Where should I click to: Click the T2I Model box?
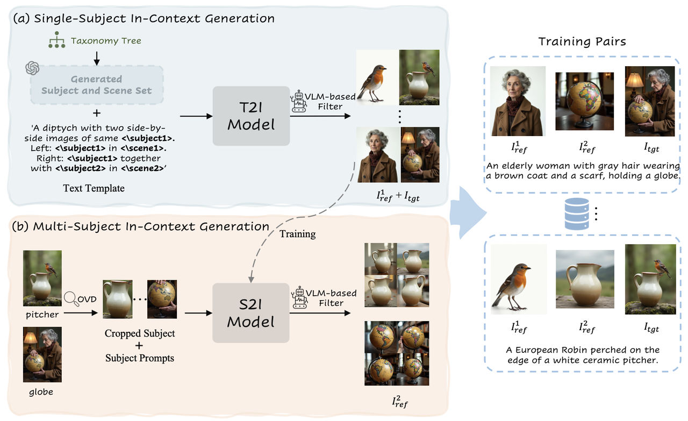[x=251, y=116]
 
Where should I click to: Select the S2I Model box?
[x=251, y=313]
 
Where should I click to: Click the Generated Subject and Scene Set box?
[x=96, y=85]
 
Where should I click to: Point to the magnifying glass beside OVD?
[x=70, y=297]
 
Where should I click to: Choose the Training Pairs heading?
[x=582, y=42]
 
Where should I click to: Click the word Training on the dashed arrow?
[x=297, y=234]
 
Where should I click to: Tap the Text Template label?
[x=94, y=188]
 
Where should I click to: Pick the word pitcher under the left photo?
[x=42, y=314]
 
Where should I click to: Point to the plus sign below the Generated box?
[x=96, y=114]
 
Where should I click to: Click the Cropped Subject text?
[x=140, y=333]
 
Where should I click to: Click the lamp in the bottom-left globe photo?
[x=30, y=339]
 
